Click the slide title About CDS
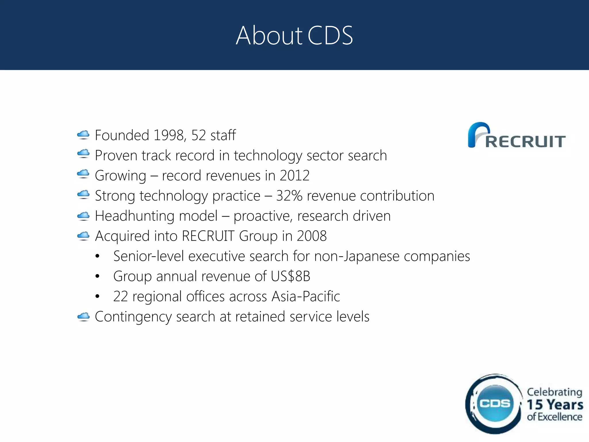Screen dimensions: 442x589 point(294,35)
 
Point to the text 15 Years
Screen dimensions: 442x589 point(555,405)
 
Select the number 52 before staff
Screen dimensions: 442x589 point(199,135)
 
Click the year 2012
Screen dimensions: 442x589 point(294,176)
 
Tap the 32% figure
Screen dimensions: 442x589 point(289,196)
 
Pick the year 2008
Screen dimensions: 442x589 point(312,236)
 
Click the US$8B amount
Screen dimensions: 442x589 point(290,276)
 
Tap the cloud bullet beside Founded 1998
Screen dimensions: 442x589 point(83,135)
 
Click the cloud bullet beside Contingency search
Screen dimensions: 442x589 point(83,317)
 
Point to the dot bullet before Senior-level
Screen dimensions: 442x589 point(97,256)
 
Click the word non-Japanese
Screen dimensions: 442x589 point(357,256)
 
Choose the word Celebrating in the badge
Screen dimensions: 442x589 point(554,392)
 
